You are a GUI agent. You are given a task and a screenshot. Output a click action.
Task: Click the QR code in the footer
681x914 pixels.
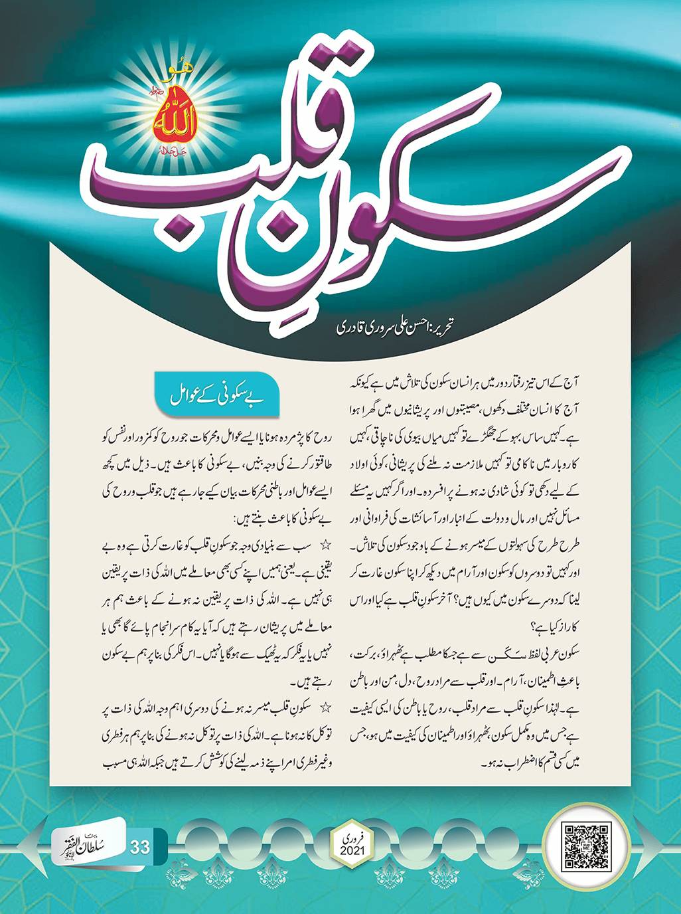point(585,847)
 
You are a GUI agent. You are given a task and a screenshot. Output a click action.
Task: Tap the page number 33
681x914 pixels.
point(140,848)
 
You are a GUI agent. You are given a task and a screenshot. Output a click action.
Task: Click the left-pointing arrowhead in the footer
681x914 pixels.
point(30,848)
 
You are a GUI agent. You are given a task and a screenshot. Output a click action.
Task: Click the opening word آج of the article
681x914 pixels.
point(573,384)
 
